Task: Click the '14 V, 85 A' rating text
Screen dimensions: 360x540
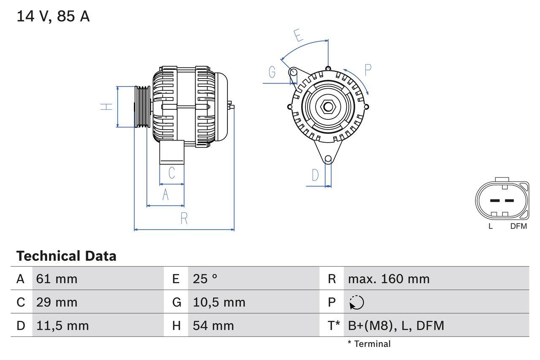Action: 53,16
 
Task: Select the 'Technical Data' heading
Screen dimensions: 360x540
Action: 66,256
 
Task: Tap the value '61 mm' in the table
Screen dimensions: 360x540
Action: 57,279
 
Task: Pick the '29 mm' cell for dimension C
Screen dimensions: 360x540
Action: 57,302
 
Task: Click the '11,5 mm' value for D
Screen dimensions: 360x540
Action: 62,325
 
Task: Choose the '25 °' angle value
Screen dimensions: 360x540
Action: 205,279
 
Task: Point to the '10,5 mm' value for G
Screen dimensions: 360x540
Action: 219,302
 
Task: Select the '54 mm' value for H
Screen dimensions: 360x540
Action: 213,325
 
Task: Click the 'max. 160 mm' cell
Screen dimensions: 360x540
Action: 389,279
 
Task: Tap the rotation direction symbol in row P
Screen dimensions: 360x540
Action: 356,303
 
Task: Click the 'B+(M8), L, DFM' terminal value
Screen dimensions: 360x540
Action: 396,325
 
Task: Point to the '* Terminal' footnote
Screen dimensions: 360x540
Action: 369,344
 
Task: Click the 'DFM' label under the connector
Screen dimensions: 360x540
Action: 518,226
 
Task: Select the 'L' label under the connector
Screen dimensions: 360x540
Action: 490,226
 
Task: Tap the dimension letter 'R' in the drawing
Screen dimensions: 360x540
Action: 184,219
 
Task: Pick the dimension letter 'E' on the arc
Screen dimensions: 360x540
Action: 299,36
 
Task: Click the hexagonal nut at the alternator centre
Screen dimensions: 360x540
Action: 328,106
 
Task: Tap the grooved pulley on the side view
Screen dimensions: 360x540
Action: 142,107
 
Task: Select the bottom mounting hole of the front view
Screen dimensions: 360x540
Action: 328,159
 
